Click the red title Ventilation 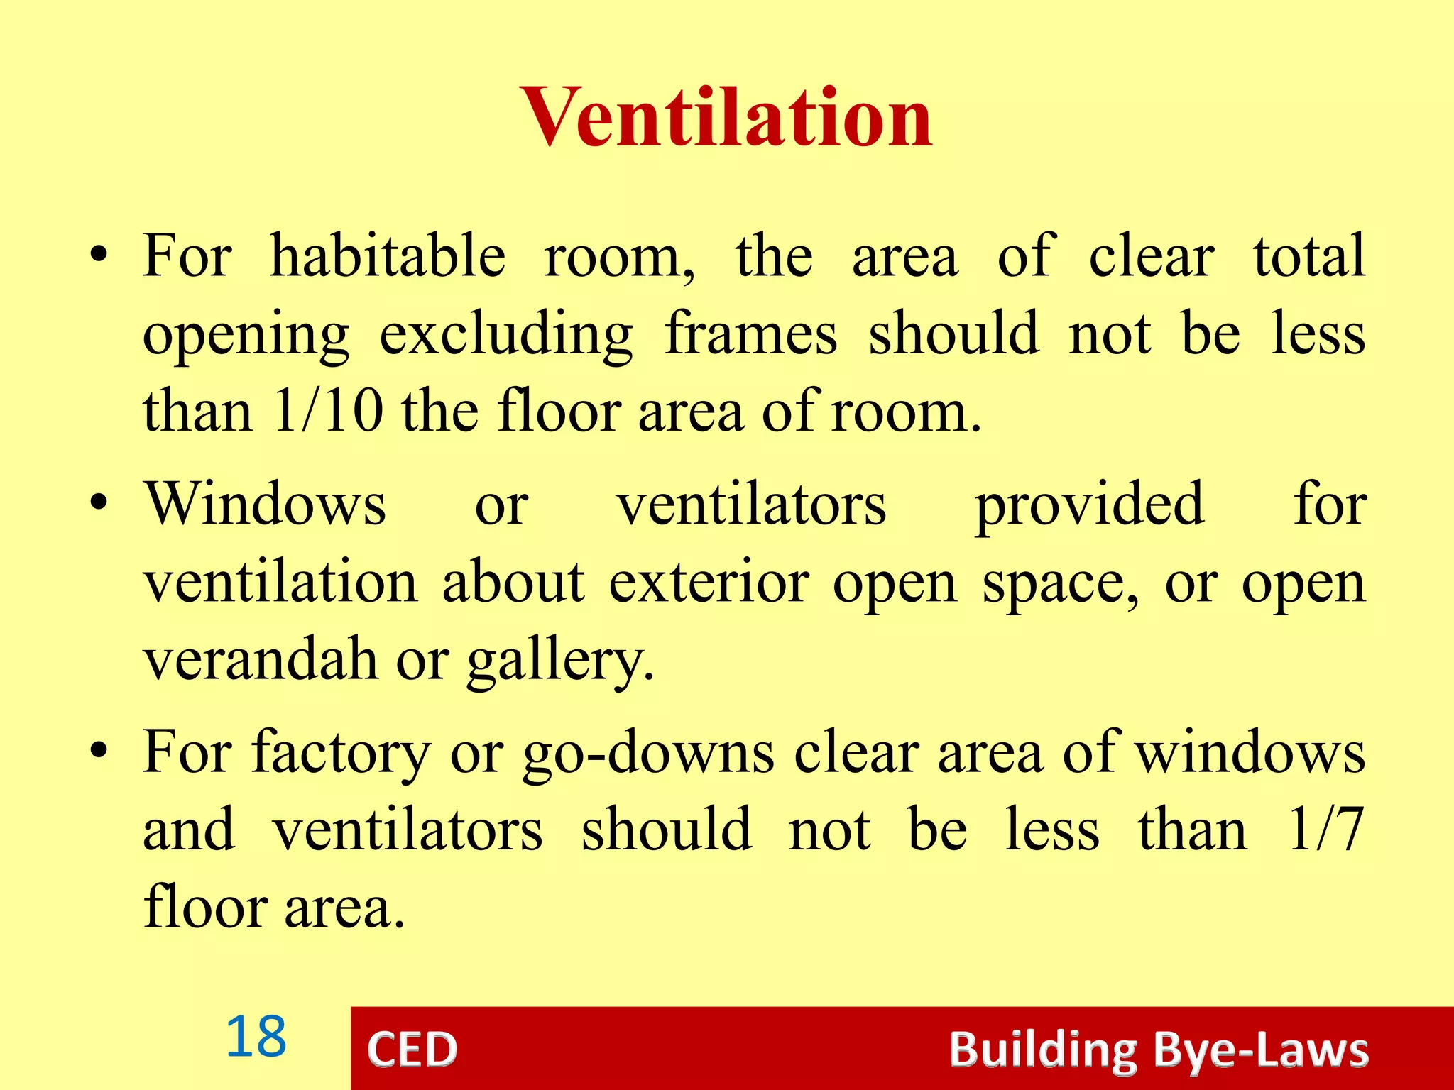[x=726, y=117]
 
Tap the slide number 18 [x=256, y=1037]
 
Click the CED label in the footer [x=412, y=1050]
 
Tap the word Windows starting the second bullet [x=266, y=504]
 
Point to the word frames [x=750, y=334]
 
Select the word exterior [x=709, y=582]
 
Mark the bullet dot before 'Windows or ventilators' [x=99, y=502]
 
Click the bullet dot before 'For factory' [x=99, y=751]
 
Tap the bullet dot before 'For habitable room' [x=99, y=254]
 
